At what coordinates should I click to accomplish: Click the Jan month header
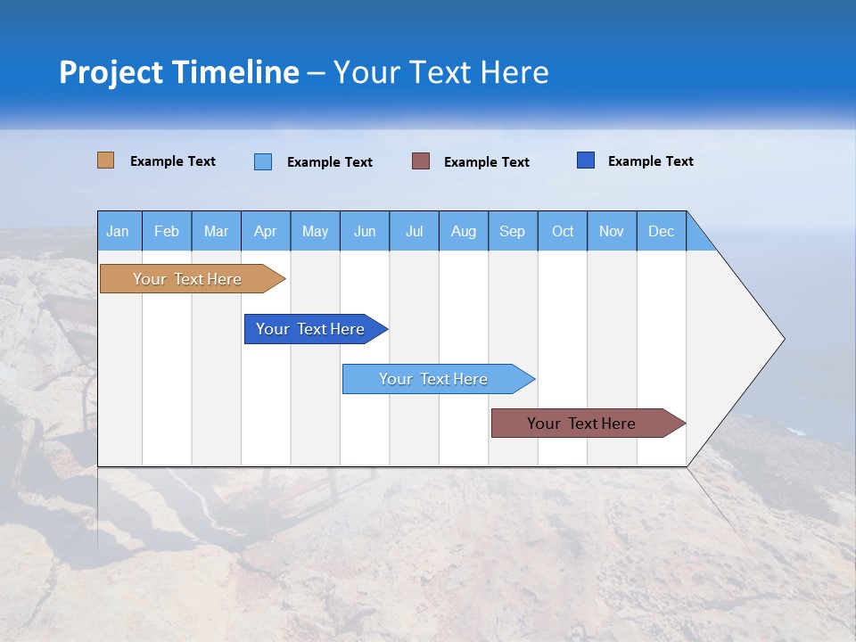pos(118,231)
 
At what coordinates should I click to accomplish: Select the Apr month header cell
pos(265,231)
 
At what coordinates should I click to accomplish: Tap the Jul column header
pos(414,231)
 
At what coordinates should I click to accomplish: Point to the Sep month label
pos(512,231)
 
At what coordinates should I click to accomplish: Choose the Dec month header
pos(661,231)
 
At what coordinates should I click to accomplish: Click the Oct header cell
pos(562,231)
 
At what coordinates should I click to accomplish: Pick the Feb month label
pos(167,231)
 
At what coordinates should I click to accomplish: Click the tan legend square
pos(105,160)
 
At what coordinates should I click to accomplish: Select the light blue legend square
pos(263,161)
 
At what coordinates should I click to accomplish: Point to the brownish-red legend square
pos(421,161)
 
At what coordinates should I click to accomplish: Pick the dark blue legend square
pos(586,160)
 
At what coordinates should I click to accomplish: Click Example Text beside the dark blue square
pos(650,161)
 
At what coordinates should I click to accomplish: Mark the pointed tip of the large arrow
pos(782,339)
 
